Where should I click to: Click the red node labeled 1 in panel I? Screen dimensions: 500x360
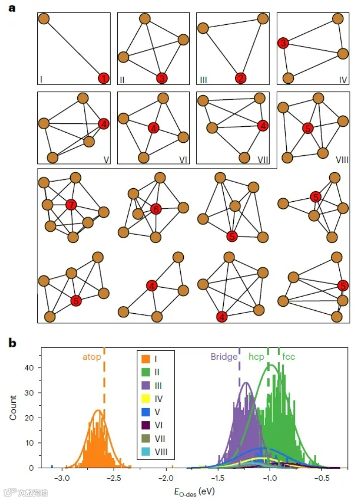click(103, 78)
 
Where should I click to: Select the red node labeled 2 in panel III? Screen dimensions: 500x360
click(241, 78)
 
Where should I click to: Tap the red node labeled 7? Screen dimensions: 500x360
click(71, 204)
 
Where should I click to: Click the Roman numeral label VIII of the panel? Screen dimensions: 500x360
click(342, 160)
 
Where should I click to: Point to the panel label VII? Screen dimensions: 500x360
click(263, 160)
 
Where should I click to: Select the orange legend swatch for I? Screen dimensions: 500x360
click(145, 359)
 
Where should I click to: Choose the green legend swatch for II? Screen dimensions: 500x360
click(145, 371)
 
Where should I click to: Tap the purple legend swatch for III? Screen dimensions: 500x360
click(145, 384)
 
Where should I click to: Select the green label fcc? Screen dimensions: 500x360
click(289, 357)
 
